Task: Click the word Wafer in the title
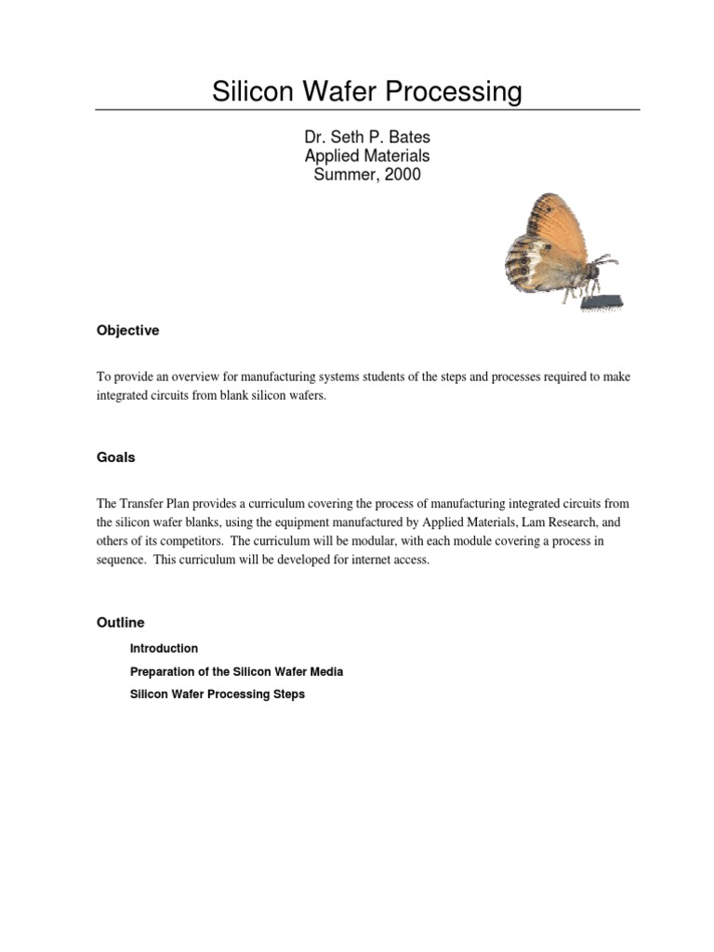click(x=337, y=92)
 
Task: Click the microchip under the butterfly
click(x=602, y=301)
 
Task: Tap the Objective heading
click(x=128, y=330)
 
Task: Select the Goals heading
click(x=116, y=457)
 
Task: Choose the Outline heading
click(x=121, y=622)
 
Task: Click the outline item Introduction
click(x=164, y=648)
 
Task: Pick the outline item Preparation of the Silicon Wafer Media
click(x=236, y=671)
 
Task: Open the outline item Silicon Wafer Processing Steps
click(x=217, y=694)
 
